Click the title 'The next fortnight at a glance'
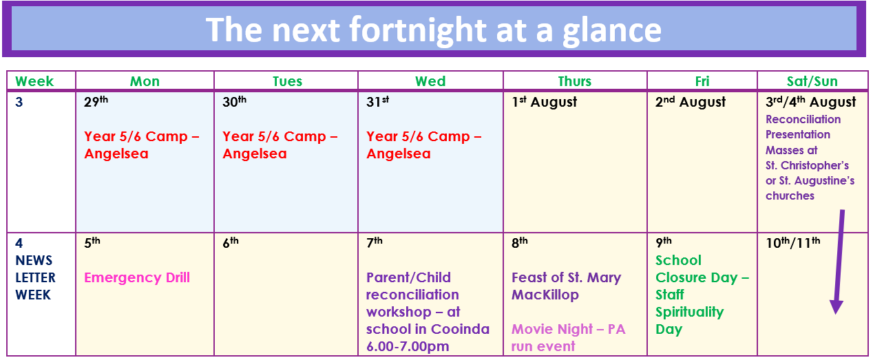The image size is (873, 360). click(x=433, y=30)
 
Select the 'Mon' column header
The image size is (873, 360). click(x=145, y=81)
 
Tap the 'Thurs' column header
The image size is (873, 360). click(x=574, y=81)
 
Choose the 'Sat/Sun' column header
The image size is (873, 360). click(x=812, y=81)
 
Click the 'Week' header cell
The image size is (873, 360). click(x=34, y=81)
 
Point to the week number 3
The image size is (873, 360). click(x=19, y=102)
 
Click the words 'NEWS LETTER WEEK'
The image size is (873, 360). click(x=35, y=277)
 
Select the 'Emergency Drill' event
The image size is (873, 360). click(x=137, y=277)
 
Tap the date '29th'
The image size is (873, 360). click(x=96, y=101)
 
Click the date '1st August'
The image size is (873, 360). click(x=544, y=102)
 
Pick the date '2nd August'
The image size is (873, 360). click(x=691, y=102)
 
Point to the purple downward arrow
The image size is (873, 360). click(x=839, y=262)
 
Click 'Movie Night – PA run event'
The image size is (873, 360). click(x=568, y=337)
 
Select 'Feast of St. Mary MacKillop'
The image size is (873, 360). click(x=567, y=286)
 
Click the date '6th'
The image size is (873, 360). click(x=231, y=242)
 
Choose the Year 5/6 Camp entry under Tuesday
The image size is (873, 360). click(x=280, y=145)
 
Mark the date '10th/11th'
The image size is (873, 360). click(x=792, y=242)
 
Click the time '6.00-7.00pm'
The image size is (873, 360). click(x=408, y=346)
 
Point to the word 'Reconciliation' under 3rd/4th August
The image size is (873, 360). click(x=803, y=119)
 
